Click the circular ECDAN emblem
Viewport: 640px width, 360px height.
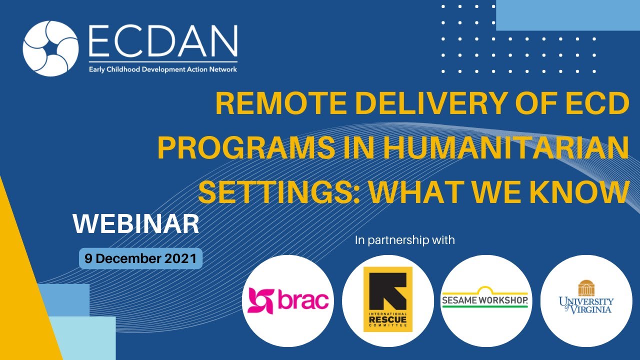click(x=50, y=48)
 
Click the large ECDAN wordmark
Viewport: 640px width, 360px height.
click(x=162, y=43)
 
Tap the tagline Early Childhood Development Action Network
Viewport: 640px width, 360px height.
click(x=162, y=69)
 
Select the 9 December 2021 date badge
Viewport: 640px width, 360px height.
click(x=140, y=258)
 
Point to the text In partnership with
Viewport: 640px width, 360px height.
click(x=404, y=240)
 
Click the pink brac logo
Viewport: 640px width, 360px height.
click(x=288, y=300)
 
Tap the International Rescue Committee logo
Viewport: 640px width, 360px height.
click(x=387, y=299)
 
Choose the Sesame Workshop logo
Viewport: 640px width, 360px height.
click(x=484, y=299)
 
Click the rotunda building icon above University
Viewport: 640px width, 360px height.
click(x=586, y=288)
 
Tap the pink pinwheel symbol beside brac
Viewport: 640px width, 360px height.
click(x=259, y=300)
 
